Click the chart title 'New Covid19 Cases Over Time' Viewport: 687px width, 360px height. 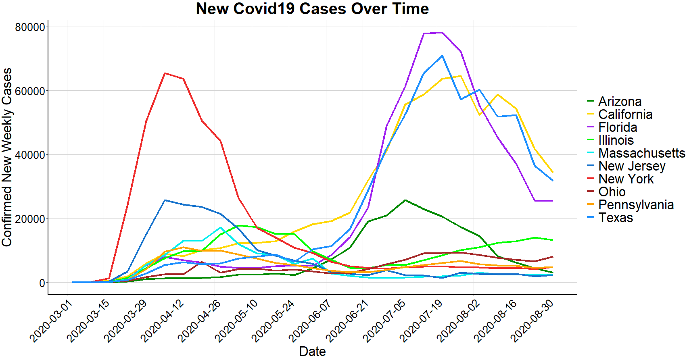pos(312,9)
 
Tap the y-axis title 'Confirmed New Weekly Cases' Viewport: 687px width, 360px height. pos(7,157)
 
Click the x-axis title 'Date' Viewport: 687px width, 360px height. pos(312,351)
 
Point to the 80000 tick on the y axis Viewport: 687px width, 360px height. pos(30,27)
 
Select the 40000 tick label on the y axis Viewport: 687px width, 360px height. pos(30,155)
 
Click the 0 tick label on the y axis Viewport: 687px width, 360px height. pos(42,283)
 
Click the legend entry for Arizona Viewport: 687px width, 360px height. pos(620,102)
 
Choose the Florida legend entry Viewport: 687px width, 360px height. pos(618,127)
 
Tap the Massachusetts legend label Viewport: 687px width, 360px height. pos(641,153)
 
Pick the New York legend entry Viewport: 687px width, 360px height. pos(626,179)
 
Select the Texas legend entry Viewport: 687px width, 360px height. pos(616,218)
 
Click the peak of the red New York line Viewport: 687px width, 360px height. pos(165,73)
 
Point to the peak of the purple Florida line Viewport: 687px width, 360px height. pos(442,32)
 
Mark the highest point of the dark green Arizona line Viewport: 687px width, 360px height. pos(405,200)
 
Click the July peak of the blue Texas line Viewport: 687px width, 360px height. pos(442,56)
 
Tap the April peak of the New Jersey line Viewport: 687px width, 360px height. pos(165,200)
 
